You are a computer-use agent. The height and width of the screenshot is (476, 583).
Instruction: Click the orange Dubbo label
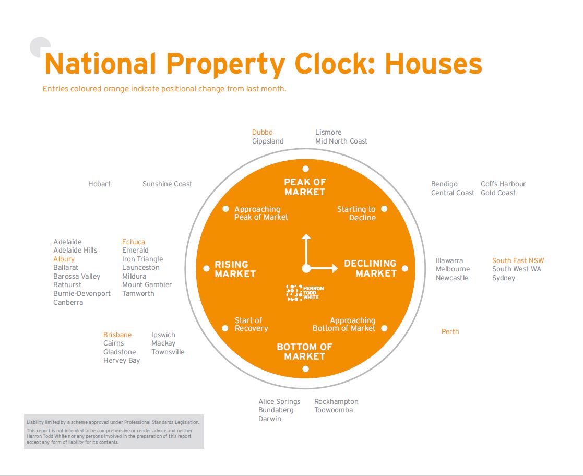click(x=262, y=133)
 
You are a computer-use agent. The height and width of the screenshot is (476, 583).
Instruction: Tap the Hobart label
click(x=99, y=184)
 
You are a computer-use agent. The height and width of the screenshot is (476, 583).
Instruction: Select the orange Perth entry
click(x=450, y=331)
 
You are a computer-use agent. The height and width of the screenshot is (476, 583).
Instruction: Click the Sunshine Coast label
click(x=167, y=184)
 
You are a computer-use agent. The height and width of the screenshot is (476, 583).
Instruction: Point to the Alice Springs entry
click(x=279, y=401)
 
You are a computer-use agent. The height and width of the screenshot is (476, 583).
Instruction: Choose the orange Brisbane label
click(x=117, y=335)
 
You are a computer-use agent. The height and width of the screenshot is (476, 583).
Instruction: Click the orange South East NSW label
click(x=518, y=260)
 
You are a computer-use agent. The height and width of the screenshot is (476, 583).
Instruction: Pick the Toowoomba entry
click(x=334, y=410)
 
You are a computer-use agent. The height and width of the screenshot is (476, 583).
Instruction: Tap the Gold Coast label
click(x=498, y=193)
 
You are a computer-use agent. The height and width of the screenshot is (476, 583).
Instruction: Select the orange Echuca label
click(x=134, y=242)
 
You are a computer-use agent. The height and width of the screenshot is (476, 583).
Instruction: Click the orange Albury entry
click(x=64, y=259)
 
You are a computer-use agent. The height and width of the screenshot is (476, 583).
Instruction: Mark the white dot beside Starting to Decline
click(x=384, y=209)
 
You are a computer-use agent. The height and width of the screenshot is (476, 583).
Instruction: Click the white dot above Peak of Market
click(x=305, y=169)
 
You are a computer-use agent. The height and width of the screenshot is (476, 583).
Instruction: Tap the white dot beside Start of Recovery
click(x=225, y=328)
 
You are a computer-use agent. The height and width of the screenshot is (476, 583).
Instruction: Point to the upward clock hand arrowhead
click(x=306, y=237)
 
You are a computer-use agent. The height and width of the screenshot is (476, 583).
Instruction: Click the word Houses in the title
click(x=433, y=64)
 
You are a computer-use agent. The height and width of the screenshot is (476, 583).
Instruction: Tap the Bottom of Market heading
click(x=304, y=351)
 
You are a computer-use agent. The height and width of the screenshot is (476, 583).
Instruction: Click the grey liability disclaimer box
click(x=114, y=432)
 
